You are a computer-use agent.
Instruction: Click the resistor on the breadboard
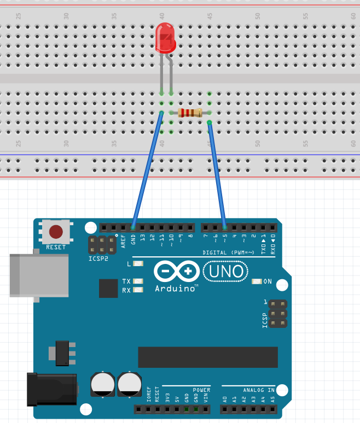pos(190,113)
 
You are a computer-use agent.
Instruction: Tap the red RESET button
pos(56,232)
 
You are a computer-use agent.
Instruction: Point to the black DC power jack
pos(52,389)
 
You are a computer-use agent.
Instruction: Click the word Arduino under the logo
pos(176,288)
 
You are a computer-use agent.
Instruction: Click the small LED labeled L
pos(138,264)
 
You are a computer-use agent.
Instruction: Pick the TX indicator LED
pos(138,281)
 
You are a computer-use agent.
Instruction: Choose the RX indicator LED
pos(138,290)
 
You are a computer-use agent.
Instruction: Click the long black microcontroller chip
pos(207,357)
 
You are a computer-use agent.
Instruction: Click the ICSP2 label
pos(99,257)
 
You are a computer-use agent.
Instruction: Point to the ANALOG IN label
pos(259,390)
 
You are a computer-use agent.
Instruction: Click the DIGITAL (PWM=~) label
pos(228,252)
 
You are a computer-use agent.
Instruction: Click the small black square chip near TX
pos(108,288)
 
